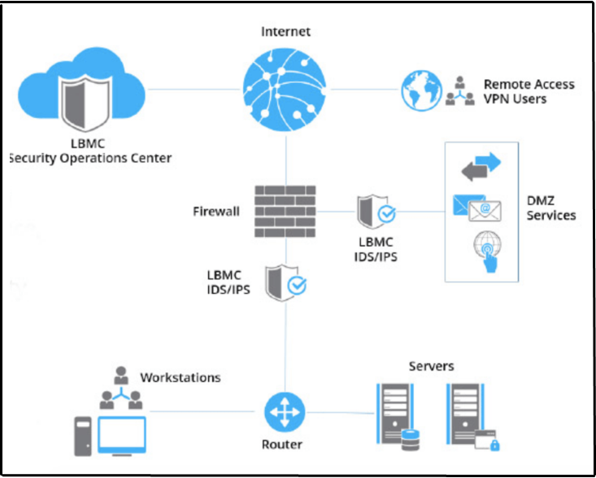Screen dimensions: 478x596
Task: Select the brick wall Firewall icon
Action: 285,210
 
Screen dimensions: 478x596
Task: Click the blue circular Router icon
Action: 284,411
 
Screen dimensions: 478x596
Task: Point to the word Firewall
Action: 216,212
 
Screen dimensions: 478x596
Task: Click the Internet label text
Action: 285,32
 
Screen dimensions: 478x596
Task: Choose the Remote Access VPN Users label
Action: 529,91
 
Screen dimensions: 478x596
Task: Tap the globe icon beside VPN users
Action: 420,90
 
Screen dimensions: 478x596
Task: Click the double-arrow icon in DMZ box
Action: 481,167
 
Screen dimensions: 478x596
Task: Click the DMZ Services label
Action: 550,208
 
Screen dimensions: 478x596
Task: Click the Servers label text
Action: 431,366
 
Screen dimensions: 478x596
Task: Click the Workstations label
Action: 180,378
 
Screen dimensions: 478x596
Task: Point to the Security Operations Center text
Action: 89,158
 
